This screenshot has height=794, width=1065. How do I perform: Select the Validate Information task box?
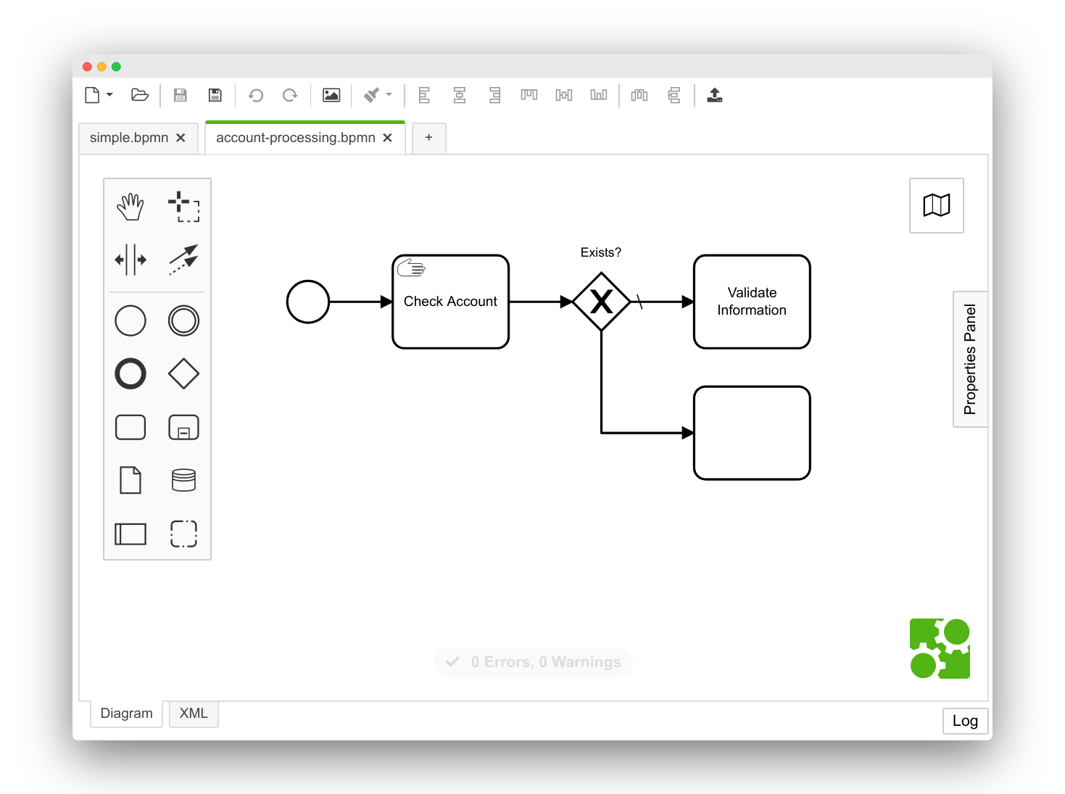pos(752,302)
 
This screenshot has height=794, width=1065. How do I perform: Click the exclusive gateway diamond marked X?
pos(601,302)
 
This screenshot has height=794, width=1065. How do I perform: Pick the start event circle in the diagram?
pos(308,302)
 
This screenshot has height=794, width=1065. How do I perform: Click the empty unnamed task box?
pos(752,433)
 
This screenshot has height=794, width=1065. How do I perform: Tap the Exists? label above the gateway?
pos(600,252)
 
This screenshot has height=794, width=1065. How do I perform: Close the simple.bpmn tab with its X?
pos(181,138)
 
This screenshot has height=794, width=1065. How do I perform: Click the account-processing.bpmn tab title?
pos(295,138)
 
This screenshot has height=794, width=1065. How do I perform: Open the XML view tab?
pos(194,714)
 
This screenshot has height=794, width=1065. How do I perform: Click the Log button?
pos(965,721)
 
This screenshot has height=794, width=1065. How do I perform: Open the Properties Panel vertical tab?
pos(970,360)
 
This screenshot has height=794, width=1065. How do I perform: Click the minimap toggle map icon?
pos(936,205)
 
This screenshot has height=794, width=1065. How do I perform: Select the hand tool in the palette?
pos(130,207)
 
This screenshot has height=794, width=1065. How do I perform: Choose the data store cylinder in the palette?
pos(183,480)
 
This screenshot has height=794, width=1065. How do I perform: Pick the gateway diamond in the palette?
pos(183,374)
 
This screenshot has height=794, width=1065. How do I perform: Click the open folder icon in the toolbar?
pos(140,95)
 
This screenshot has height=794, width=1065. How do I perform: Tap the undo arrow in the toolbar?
pos(256,95)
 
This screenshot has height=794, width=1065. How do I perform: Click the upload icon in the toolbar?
pos(714,95)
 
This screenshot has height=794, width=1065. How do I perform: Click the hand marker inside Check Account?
pos(411,268)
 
